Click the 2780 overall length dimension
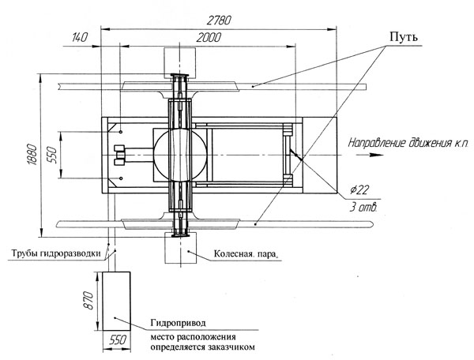pos(219,20)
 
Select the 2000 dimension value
pos(209,38)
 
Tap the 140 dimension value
pos(79,38)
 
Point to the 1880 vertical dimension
pos(32,155)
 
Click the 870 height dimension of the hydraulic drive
pos(88,301)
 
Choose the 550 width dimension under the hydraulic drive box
pos(117,340)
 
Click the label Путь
pos(404,37)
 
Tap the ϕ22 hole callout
pos(359,190)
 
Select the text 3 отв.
pos(363,208)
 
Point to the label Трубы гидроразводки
pos(56,253)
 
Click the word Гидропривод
pos(178,323)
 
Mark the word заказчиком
pos(231,347)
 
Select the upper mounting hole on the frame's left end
pos(121,132)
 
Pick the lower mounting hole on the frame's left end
pos(121,178)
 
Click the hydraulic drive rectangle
pos(116,301)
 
